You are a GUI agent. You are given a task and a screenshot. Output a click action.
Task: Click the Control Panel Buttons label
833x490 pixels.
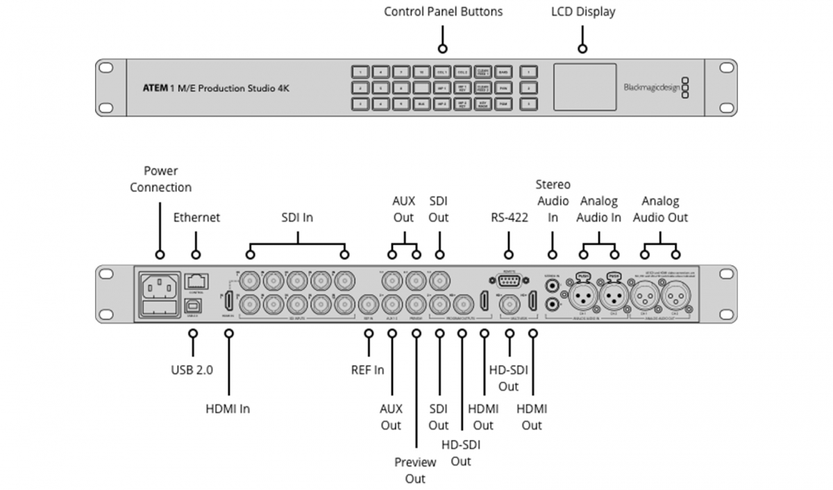click(443, 12)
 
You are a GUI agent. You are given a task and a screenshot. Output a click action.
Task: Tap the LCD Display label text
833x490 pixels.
click(583, 12)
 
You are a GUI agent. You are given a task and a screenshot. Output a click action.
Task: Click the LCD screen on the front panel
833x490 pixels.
click(584, 87)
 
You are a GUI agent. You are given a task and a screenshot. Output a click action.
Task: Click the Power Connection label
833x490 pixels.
click(160, 179)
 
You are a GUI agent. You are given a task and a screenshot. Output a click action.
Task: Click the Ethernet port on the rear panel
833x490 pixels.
click(196, 280)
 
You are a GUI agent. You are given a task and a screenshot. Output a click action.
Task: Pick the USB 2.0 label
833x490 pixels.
click(192, 370)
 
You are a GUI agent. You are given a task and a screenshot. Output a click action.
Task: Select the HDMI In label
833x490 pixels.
click(228, 409)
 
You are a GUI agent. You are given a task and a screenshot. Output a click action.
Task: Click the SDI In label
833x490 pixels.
click(298, 217)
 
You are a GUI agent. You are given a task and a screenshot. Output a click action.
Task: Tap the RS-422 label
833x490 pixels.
click(509, 217)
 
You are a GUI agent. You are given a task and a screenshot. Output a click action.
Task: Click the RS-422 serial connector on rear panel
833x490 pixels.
click(510, 280)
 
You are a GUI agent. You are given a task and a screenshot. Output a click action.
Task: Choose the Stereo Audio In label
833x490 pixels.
click(553, 201)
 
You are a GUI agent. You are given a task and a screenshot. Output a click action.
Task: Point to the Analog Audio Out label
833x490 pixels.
click(659, 209)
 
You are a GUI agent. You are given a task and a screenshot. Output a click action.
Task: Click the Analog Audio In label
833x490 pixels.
click(598, 209)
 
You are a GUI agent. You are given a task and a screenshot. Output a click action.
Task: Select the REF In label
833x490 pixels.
click(367, 370)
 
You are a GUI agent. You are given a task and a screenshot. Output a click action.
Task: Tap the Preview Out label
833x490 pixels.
click(415, 470)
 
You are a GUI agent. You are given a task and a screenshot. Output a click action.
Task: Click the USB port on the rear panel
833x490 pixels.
click(192, 305)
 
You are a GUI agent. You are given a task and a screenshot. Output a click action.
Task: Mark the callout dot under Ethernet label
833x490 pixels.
click(196, 255)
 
